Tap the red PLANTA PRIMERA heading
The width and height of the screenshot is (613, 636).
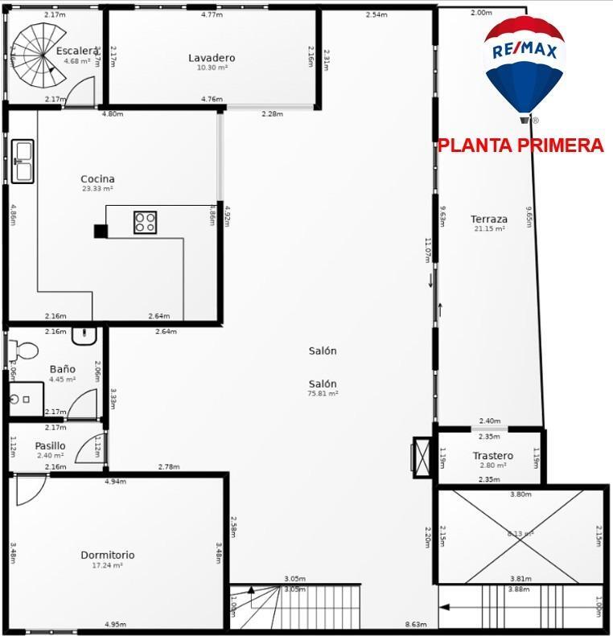click(520, 146)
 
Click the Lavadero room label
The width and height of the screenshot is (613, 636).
click(212, 58)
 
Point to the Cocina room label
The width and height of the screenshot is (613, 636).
click(97, 179)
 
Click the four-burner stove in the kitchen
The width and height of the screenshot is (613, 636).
click(145, 222)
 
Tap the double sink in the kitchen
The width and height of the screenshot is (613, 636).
click(22, 161)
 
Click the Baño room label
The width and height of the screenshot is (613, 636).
click(62, 369)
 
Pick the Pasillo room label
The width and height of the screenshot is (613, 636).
click(50, 446)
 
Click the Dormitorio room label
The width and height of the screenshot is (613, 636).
click(107, 555)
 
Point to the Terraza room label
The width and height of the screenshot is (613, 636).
click(488, 219)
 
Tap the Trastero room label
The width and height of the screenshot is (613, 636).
click(492, 456)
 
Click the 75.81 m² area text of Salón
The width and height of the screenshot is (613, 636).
click(322, 394)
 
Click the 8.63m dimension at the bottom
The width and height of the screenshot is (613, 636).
click(415, 625)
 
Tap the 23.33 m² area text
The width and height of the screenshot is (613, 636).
click(97, 189)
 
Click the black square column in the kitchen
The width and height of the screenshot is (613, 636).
click(101, 232)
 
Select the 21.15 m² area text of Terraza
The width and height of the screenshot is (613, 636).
click(488, 229)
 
